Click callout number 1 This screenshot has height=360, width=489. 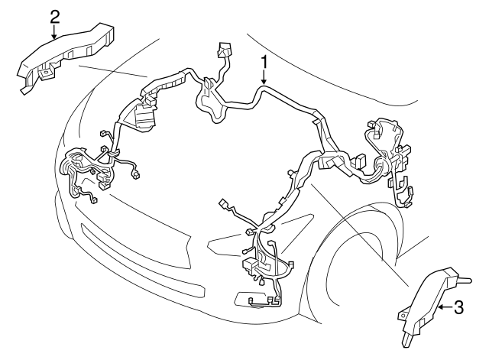pos(264,62)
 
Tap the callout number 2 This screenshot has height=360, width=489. pos(54,17)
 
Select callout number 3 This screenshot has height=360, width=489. pos(458,307)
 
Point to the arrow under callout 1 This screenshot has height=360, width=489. pos(264,77)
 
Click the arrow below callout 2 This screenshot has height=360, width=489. pos(54,32)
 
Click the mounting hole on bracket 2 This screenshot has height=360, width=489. pos(46,73)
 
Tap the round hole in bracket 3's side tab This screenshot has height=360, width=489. pos(403,315)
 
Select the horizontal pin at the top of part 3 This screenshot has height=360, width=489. pos(464,280)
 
